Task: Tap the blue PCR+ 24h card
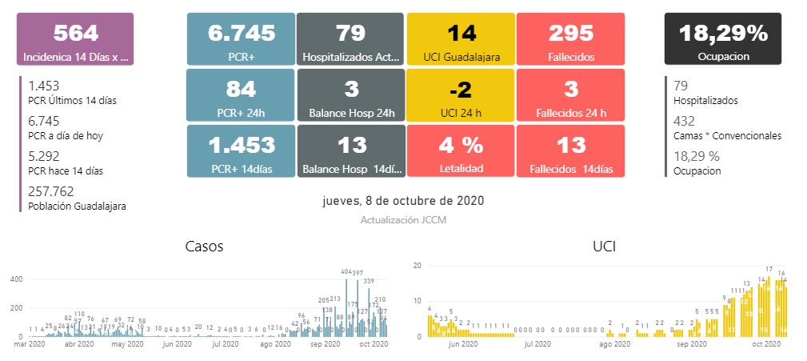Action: tap(241, 94)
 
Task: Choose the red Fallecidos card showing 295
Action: tap(570, 39)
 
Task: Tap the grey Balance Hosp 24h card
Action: tap(351, 94)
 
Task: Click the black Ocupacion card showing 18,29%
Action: tap(723, 39)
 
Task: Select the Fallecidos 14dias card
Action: tap(570, 150)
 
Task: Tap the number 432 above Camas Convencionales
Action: tap(685, 121)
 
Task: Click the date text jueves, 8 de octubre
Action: tap(403, 200)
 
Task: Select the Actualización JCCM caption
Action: tap(403, 218)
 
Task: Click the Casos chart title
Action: tap(204, 247)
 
